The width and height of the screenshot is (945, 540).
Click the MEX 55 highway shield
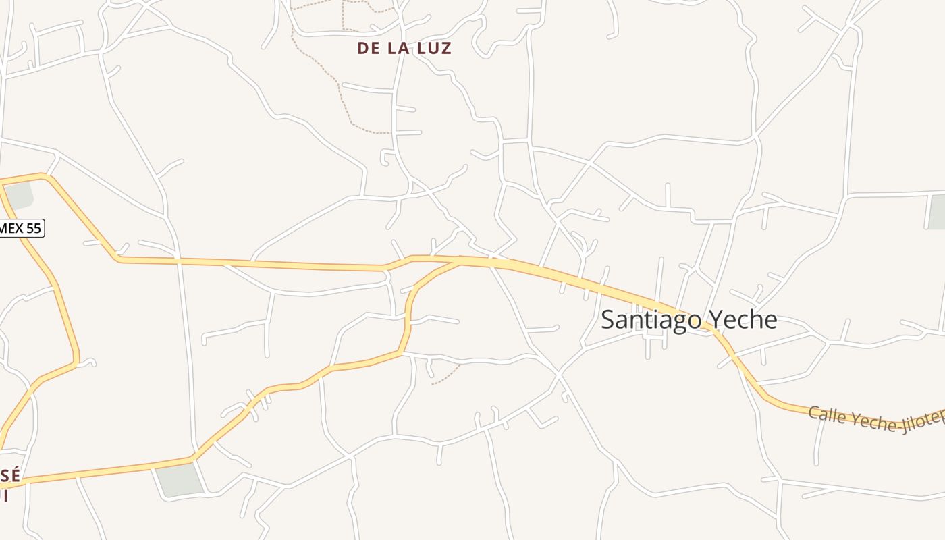pos(20,228)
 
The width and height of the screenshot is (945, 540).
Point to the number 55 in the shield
pos(32,228)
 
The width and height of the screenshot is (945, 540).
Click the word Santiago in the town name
pos(649,319)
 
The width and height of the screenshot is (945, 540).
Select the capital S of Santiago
pos(607,319)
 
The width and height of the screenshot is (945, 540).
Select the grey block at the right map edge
pos(937,211)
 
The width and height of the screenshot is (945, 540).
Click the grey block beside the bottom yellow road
pos(180,481)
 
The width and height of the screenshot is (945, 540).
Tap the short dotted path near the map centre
pos(446,375)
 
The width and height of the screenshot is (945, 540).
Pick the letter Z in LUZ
pos(446,49)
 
